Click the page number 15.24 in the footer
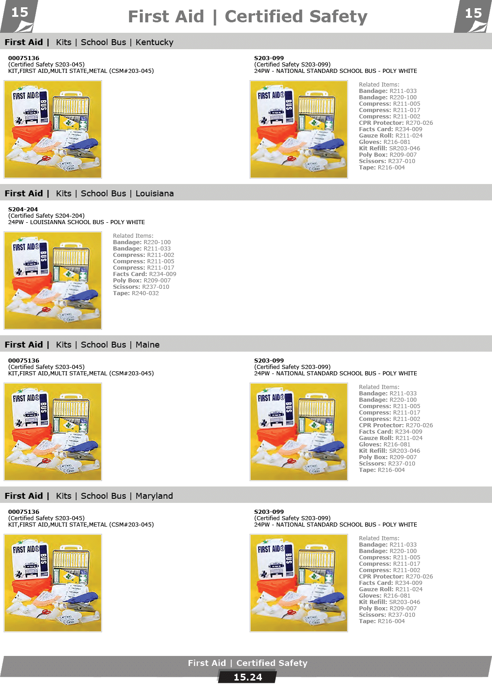[x=247, y=677]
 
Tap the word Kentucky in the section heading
[x=154, y=42]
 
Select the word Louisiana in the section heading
[x=155, y=194]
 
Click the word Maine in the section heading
[x=148, y=345]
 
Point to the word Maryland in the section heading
[x=154, y=496]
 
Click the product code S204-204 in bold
[x=23, y=210]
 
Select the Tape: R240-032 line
[x=136, y=293]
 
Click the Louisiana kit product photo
[x=53, y=281]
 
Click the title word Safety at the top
[x=338, y=17]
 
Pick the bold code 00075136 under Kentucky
[x=24, y=58]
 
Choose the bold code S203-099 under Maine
[x=269, y=361]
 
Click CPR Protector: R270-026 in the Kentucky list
[x=396, y=123]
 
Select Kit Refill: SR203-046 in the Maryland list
[x=389, y=602]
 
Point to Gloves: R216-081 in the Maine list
[x=384, y=445]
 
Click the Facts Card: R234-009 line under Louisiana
[x=144, y=274]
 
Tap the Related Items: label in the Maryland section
[x=379, y=538]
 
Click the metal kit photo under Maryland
[x=53, y=583]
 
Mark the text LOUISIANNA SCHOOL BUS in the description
[x=67, y=222]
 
